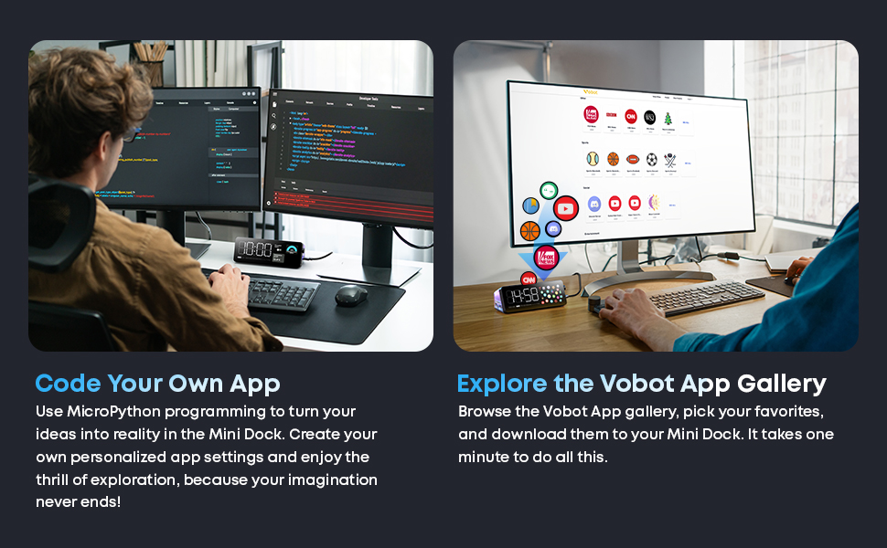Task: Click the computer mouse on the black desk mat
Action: pos(350,295)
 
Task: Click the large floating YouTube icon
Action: pos(566,208)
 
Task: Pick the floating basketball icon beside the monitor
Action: pos(530,230)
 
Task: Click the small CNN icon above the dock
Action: pos(528,278)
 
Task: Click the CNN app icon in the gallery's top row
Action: pos(630,116)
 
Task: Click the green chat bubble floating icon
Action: pos(549,191)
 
